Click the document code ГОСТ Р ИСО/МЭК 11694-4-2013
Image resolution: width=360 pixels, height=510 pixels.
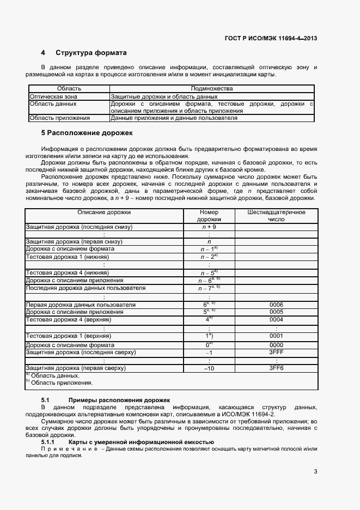click(x=271, y=38)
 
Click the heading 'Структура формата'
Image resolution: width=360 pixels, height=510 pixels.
click(x=91, y=53)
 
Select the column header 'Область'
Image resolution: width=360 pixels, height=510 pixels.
click(x=69, y=88)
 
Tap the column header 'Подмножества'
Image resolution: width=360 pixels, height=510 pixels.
click(x=212, y=88)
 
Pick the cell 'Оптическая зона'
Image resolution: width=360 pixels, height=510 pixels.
click(x=53, y=96)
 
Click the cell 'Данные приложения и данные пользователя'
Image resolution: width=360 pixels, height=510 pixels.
click(x=174, y=118)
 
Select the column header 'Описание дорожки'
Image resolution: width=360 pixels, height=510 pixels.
click(x=104, y=212)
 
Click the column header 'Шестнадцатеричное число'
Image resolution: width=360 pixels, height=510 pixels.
click(x=276, y=215)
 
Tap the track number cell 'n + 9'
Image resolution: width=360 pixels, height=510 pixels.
click(x=209, y=227)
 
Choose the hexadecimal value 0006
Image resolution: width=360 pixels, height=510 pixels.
click(x=276, y=305)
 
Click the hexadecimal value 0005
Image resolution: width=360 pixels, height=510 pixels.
click(x=276, y=312)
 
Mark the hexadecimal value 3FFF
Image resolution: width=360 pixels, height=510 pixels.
click(x=276, y=353)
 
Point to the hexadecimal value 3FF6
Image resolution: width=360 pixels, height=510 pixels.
click(x=276, y=368)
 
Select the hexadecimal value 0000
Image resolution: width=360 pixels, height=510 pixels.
click(x=276, y=345)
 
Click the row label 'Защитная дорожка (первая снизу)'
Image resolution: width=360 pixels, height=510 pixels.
click(x=74, y=241)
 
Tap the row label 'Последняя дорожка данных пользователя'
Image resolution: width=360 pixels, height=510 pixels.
click(x=86, y=288)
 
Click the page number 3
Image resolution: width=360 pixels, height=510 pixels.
click(x=315, y=472)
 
